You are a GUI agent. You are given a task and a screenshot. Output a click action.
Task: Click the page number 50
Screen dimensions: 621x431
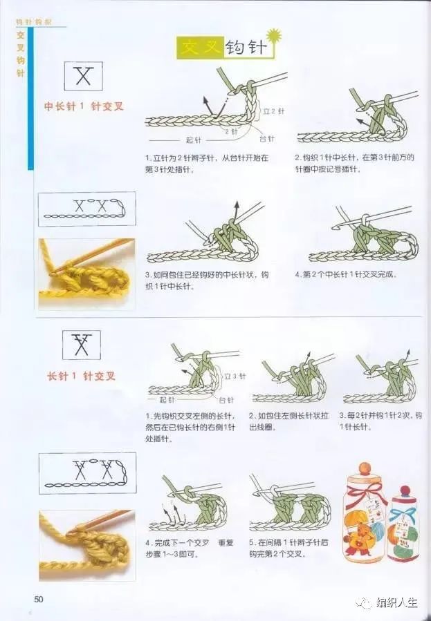(39, 599)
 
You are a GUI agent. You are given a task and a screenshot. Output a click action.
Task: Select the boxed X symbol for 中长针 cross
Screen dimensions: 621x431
(84, 77)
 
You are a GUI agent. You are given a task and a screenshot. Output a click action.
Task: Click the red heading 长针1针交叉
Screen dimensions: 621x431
(81, 376)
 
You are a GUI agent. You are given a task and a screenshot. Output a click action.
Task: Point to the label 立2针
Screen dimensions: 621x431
(273, 111)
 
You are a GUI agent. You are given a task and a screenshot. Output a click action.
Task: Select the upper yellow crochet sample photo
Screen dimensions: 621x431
(86, 274)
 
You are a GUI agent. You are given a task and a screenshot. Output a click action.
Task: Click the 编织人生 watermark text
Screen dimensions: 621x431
(397, 602)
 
